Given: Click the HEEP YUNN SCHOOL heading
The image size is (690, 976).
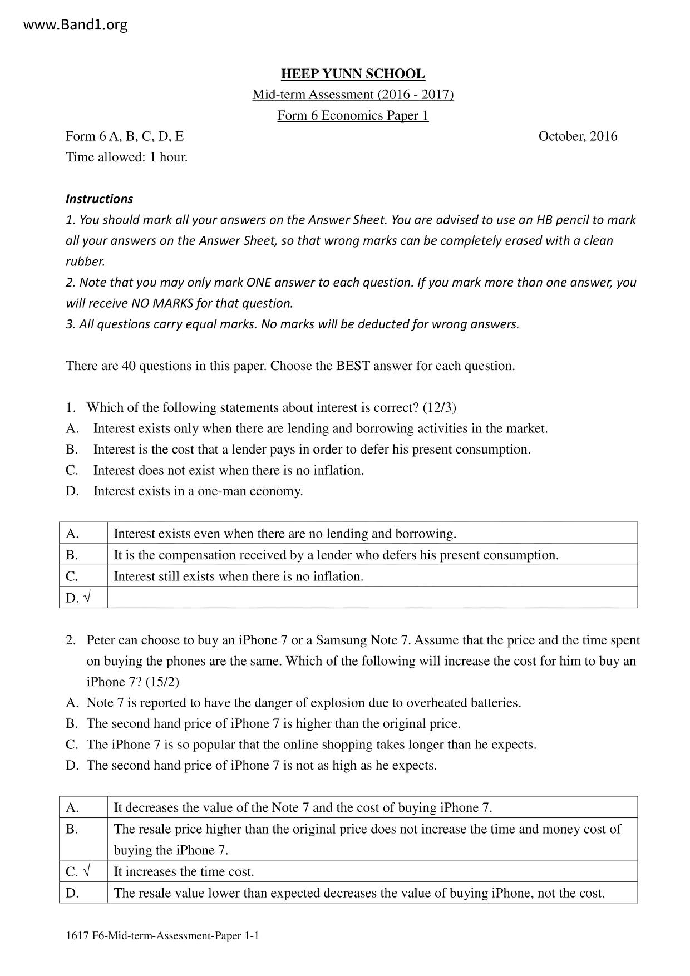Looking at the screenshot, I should pos(353,74).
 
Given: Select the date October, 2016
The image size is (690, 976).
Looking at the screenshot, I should pos(578,136).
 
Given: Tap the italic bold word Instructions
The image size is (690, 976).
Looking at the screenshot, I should pos(99,199).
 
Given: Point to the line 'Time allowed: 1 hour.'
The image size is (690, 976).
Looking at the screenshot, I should pos(127,157).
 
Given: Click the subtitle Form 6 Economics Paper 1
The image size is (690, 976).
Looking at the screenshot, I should pos(353,116).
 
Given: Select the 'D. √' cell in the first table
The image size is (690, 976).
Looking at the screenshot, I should pos(78,598).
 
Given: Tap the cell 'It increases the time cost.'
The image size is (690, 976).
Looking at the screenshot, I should pos(184,871).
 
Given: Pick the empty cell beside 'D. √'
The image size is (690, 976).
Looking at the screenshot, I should pos(372,598).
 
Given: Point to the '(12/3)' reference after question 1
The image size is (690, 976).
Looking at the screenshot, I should pos(439,408).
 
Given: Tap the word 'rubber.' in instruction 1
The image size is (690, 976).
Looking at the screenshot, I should pos(85,262).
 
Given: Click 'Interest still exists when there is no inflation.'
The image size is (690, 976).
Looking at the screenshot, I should pos(238,576).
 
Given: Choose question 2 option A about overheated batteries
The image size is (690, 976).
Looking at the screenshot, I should pos(303,703).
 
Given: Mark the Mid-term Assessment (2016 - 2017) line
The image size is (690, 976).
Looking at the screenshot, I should pos(353,95).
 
